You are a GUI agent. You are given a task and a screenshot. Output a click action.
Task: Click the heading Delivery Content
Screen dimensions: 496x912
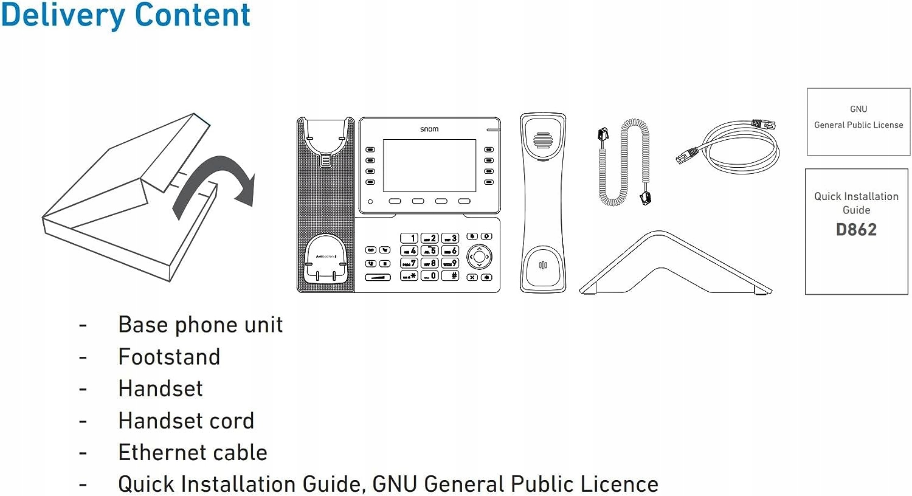tap(125, 15)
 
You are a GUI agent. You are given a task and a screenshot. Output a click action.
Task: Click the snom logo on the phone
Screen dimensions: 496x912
tap(429, 129)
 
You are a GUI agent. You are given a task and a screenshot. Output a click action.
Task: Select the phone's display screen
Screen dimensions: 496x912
tap(429, 165)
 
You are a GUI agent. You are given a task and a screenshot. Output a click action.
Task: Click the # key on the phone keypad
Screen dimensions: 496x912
tap(451, 275)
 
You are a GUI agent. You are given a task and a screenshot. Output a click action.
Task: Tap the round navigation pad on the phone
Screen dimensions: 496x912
tap(480, 257)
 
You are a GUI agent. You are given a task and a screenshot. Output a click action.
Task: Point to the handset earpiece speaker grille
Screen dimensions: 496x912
tap(542, 140)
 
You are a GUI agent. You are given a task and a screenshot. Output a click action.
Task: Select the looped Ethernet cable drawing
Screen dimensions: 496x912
tap(730, 146)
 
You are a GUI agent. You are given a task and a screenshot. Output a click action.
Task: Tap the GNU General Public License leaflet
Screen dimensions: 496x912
tap(858, 121)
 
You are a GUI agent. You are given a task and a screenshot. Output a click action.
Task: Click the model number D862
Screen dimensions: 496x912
tap(856, 230)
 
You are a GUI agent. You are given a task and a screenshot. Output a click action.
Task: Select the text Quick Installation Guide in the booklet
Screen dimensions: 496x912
tap(856, 203)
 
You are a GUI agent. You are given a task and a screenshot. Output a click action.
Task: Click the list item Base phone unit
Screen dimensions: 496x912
tap(200, 325)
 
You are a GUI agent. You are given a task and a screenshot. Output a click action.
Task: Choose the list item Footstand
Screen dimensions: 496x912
tap(169, 357)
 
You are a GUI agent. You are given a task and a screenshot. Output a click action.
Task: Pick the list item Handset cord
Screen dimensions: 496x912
tap(186, 421)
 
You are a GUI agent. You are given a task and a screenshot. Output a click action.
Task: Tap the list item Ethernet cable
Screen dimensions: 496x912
tap(193, 452)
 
